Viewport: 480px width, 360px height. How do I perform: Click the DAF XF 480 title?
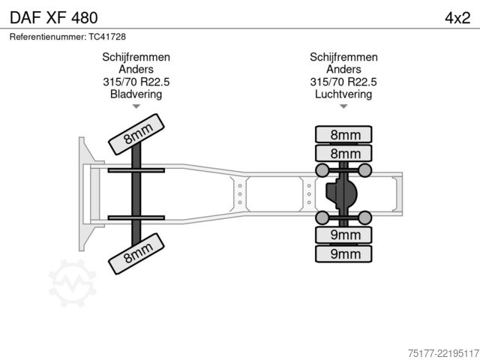[54, 18]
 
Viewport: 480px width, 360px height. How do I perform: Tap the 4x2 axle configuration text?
[457, 18]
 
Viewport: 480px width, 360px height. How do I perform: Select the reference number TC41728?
[107, 37]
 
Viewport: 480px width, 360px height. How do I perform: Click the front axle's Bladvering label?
[136, 94]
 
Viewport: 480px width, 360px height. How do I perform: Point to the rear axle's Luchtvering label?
[343, 94]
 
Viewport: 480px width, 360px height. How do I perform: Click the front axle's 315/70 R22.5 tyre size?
[136, 82]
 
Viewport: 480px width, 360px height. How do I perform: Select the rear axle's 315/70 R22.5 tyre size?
[343, 82]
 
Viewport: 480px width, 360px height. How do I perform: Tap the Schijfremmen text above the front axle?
[136, 57]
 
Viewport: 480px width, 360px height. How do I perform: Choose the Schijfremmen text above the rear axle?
[343, 57]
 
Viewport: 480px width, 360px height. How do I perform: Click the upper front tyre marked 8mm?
[136, 134]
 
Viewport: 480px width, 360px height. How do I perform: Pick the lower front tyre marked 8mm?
[136, 253]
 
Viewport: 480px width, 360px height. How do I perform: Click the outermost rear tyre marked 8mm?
[343, 134]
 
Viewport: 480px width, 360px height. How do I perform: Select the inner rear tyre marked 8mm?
[343, 153]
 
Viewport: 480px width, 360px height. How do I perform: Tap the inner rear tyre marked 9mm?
[343, 235]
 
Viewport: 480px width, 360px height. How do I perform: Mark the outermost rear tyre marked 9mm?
[343, 253]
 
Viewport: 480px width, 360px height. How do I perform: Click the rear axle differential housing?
[341, 193]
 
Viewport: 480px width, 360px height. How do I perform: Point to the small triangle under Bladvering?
[136, 106]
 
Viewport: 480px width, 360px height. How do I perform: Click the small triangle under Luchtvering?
[343, 106]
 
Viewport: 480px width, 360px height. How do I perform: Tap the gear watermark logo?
[73, 283]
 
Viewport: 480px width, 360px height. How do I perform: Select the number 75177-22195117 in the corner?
[443, 353]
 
